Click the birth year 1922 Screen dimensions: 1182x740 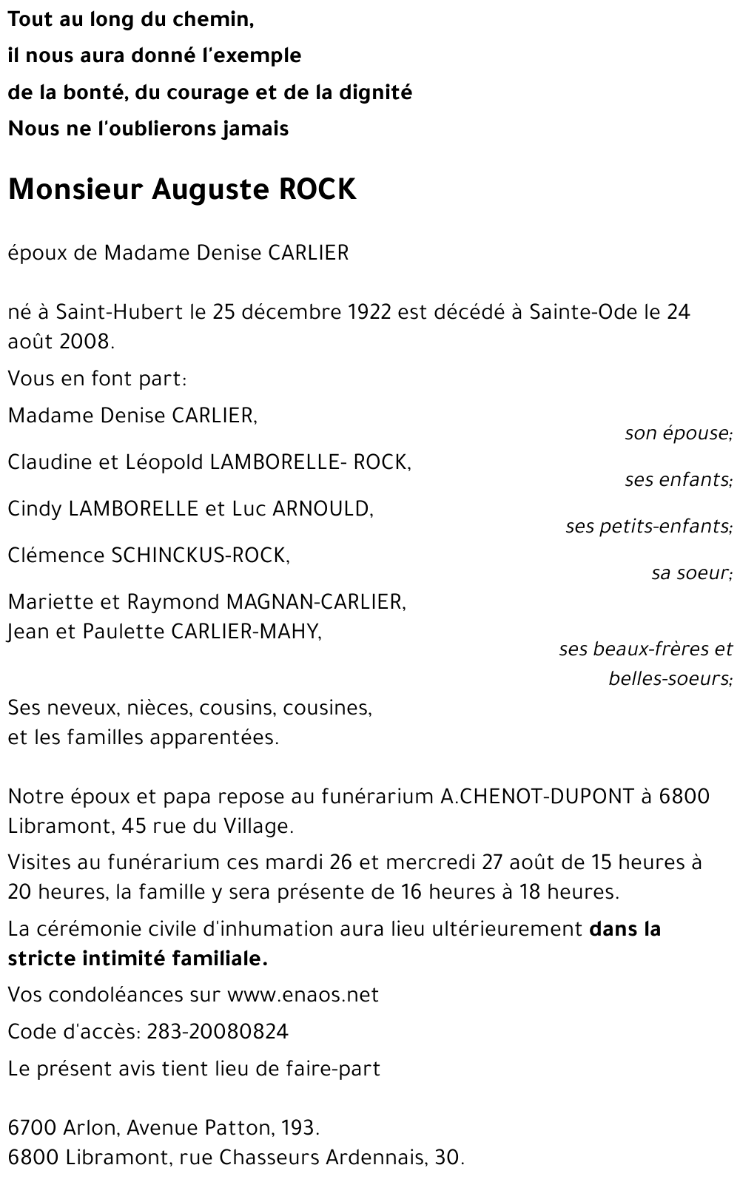[x=368, y=312]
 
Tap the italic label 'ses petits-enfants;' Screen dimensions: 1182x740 [x=649, y=527]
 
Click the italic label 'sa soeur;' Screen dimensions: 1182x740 [x=692, y=573]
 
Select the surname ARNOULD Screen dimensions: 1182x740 [x=323, y=509]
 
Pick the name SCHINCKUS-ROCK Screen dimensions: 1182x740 [x=200, y=555]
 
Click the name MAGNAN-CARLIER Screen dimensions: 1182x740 [x=316, y=602]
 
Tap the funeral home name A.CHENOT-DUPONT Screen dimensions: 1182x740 [x=537, y=797]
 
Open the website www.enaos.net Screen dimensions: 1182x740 [x=303, y=995]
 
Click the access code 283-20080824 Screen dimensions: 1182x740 [x=218, y=1031]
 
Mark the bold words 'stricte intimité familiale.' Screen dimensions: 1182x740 [x=138, y=959]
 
